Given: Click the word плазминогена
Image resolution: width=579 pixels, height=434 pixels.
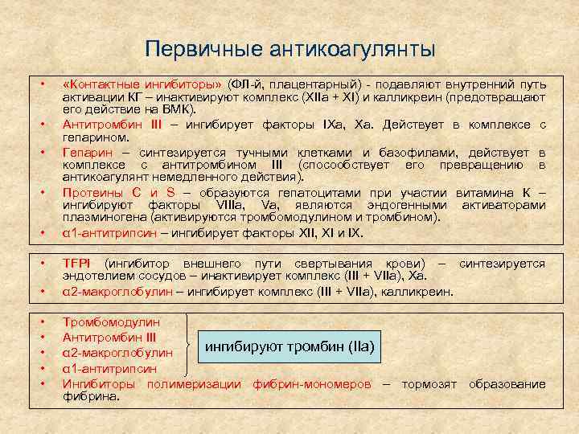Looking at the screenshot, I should pyautogui.click(x=100, y=218).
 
